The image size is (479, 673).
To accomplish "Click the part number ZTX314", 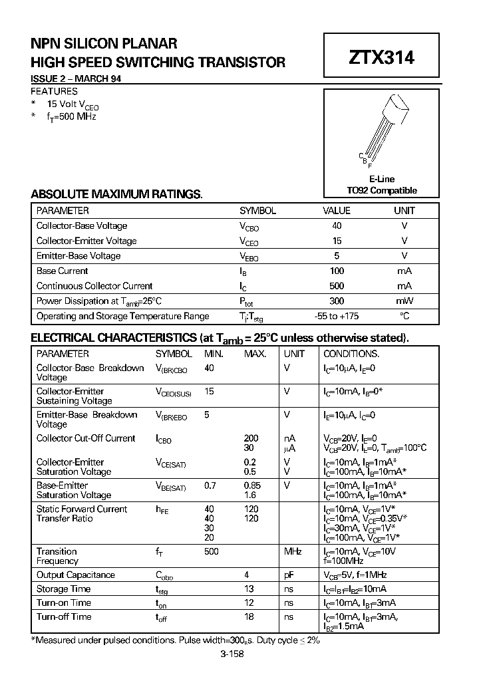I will click(381, 58).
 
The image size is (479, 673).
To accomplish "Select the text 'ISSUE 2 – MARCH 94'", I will click(76, 79).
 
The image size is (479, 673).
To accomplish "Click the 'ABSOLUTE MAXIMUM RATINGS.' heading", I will click(116, 194).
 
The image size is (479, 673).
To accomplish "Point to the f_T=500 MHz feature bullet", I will click(72, 116).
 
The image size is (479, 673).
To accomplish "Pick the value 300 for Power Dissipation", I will click(337, 301).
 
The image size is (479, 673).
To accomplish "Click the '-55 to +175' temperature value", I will click(337, 317).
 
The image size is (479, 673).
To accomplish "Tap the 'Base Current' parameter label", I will click(62, 271).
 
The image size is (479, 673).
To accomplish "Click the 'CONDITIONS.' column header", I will click(351, 354).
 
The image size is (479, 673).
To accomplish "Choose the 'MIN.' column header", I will click(214, 354).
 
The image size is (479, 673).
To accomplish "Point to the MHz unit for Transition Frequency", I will click(293, 551).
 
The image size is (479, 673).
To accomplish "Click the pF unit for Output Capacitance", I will click(289, 575).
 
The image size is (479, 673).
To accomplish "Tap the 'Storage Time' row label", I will click(63, 589).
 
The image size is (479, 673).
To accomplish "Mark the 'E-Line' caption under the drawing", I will click(381, 180).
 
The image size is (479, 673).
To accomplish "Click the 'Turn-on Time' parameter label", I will click(64, 603).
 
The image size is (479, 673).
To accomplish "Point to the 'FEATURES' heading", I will click(55, 91).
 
